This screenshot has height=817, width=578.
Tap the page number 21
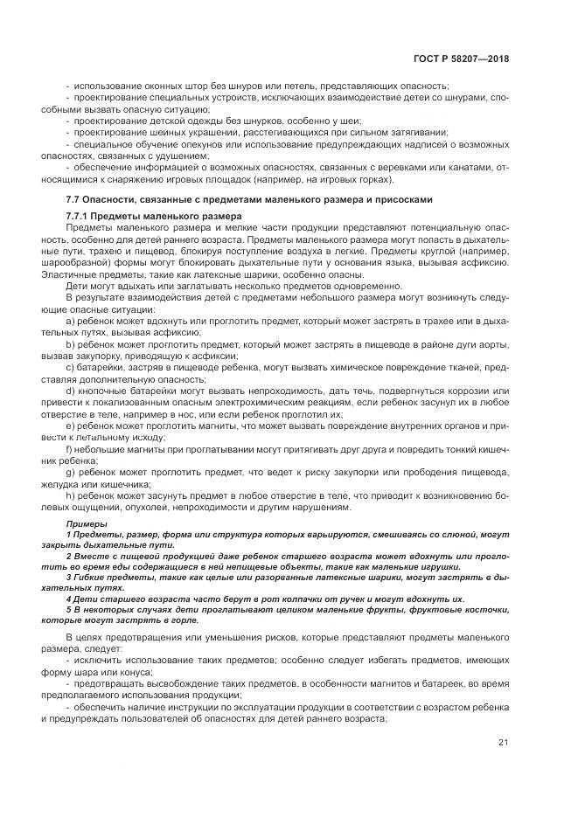pos(503,743)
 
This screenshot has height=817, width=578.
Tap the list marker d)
pos(71,391)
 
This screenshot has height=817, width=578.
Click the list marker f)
pos(70,448)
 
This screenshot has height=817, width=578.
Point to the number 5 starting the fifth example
pos(69,610)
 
